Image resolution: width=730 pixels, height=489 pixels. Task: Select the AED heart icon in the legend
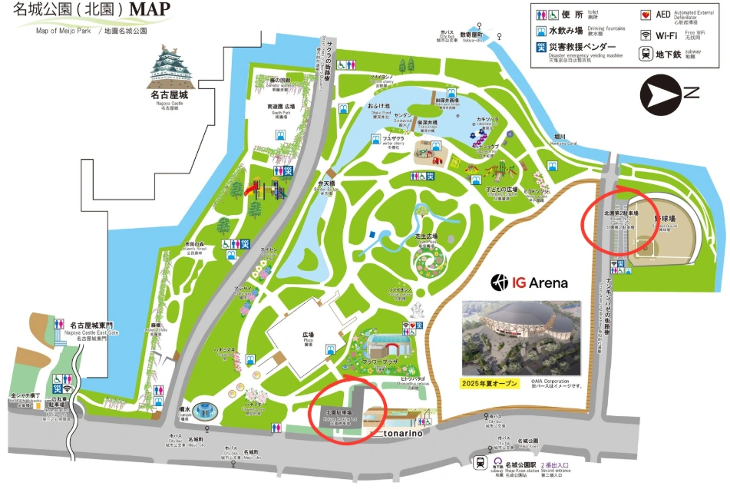click(646, 14)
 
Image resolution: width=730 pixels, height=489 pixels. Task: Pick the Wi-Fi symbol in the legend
click(646, 35)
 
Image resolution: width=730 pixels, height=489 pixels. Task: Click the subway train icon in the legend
click(646, 54)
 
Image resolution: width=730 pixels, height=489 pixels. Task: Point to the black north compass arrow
click(660, 94)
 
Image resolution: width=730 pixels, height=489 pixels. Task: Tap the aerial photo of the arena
click(521, 337)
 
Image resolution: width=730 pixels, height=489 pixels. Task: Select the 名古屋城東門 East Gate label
click(94, 325)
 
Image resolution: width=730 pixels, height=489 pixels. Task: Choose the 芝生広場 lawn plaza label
click(426, 236)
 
